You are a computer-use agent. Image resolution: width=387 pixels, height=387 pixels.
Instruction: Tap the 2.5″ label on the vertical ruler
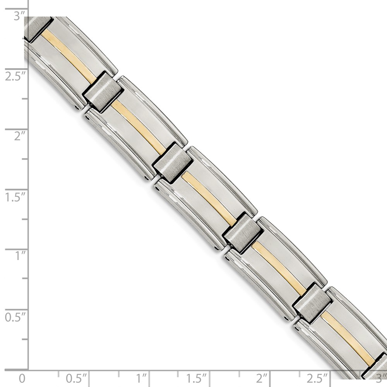point(15,77)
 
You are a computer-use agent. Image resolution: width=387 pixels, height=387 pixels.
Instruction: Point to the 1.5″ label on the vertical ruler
point(15,197)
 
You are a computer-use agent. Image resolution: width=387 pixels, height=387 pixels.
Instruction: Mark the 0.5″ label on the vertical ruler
point(15,317)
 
